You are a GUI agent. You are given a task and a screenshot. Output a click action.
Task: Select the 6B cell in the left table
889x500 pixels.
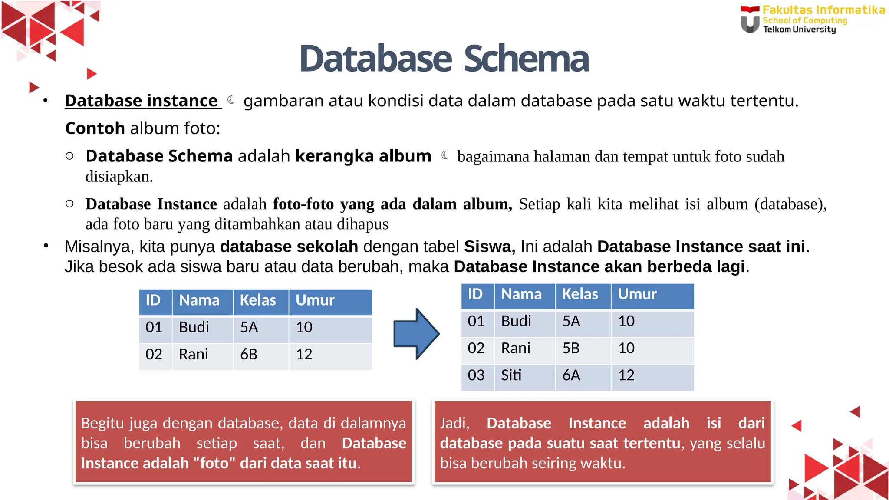pyautogui.click(x=249, y=354)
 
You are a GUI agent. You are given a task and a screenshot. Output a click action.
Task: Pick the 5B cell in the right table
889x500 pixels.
pyautogui.click(x=571, y=348)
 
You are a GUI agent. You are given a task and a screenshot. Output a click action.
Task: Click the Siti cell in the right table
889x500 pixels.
pyautogui.click(x=511, y=375)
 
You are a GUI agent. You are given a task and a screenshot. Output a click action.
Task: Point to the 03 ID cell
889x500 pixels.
pyautogui.click(x=476, y=375)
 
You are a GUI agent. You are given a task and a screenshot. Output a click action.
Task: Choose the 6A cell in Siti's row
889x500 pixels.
pyautogui.click(x=571, y=375)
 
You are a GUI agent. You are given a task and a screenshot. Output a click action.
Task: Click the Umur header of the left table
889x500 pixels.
pyautogui.click(x=315, y=300)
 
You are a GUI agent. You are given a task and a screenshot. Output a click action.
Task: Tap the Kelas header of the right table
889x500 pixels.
pyautogui.click(x=580, y=294)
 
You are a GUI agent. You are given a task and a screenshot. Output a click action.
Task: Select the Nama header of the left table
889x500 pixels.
pyautogui.click(x=199, y=300)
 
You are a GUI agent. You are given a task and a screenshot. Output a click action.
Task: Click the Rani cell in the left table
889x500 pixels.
pyautogui.click(x=194, y=354)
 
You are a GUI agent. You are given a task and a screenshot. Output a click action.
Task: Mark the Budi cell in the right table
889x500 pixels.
pyautogui.click(x=516, y=321)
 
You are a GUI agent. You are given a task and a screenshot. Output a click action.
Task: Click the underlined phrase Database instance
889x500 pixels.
pyautogui.click(x=142, y=101)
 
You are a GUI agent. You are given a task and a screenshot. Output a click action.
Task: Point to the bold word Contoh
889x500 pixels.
pyautogui.click(x=95, y=128)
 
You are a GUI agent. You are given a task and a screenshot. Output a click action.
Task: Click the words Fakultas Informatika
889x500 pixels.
pyautogui.click(x=823, y=10)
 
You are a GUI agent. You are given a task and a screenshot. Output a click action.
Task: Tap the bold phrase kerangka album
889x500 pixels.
pyautogui.click(x=363, y=156)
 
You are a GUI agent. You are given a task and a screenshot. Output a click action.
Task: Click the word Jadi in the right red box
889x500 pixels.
pyautogui.click(x=454, y=423)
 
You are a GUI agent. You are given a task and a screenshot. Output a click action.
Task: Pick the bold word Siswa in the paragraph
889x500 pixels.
pyautogui.click(x=490, y=247)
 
